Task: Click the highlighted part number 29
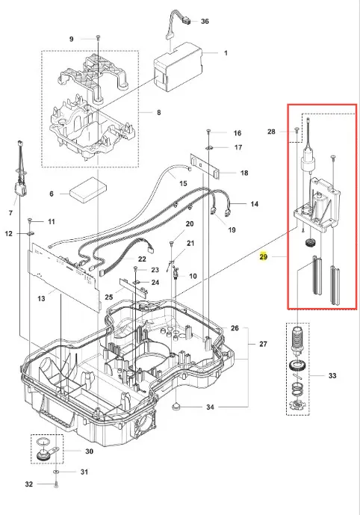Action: [263, 256]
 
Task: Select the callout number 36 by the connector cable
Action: [205, 22]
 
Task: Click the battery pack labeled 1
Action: [179, 67]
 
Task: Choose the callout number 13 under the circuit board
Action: [41, 298]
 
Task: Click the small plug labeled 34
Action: [176, 407]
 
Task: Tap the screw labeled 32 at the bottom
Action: [57, 484]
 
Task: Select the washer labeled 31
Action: [56, 472]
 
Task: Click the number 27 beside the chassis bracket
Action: [263, 344]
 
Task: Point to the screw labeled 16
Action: [208, 132]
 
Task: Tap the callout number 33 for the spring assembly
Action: [332, 375]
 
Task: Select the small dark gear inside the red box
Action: [308, 244]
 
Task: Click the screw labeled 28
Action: [297, 130]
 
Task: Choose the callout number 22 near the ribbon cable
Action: [142, 259]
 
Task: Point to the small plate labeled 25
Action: [133, 286]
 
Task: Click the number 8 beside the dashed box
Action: [159, 113]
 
